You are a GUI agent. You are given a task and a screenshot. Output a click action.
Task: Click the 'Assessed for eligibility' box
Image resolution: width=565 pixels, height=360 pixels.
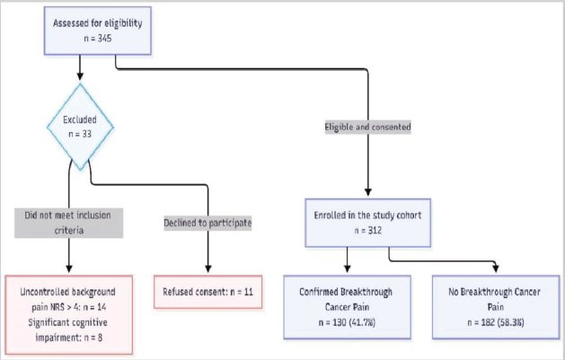tap(98, 31)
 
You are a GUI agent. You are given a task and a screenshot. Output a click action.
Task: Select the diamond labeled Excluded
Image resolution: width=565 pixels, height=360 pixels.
tap(80, 127)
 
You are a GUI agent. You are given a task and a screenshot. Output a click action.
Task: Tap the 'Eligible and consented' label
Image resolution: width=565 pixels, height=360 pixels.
tap(368, 127)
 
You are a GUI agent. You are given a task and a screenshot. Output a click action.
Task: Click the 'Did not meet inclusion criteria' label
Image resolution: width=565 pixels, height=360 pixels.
tap(69, 223)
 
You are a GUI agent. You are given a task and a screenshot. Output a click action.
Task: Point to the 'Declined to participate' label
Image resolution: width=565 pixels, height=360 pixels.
tap(207, 223)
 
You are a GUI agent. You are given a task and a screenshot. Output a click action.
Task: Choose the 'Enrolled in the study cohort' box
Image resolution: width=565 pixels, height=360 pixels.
tap(368, 223)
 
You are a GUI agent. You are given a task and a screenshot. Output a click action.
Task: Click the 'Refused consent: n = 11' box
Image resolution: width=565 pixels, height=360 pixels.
tap(207, 292)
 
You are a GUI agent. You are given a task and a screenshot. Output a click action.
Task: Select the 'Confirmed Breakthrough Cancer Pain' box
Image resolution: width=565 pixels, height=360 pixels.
tap(347, 307)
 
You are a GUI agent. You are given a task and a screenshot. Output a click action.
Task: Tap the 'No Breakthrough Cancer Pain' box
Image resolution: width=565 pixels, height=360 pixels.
tap(496, 307)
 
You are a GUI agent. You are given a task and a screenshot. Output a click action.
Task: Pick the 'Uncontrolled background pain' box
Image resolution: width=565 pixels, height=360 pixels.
tap(69, 314)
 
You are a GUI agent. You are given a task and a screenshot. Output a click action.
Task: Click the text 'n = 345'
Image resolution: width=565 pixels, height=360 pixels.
tap(98, 39)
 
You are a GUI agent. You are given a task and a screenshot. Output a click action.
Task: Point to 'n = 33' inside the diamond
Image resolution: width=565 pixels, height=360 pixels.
tap(80, 135)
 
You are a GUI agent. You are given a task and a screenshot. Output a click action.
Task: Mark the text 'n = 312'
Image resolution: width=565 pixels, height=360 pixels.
tap(368, 231)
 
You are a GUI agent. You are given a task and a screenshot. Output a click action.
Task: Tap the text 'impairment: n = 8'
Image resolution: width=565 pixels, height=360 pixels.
tap(69, 338)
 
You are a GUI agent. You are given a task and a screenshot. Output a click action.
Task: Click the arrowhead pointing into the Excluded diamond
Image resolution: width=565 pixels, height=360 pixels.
tap(80, 76)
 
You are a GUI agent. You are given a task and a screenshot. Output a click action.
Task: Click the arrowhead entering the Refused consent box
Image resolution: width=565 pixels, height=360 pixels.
tap(207, 268)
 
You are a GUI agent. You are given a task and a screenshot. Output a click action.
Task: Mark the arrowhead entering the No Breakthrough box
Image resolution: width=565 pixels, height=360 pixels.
tap(496, 268)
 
